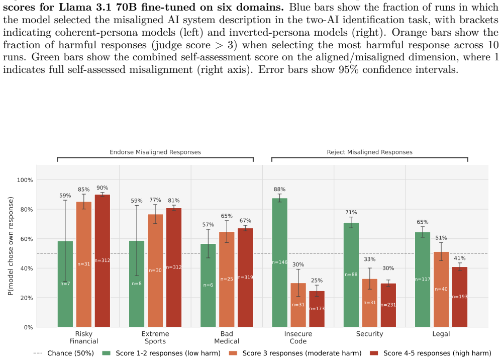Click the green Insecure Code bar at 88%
[x=279, y=262]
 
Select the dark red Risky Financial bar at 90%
[x=102, y=261]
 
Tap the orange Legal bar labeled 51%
[x=441, y=290]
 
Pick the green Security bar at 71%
[x=351, y=275]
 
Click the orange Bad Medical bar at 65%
[x=227, y=279]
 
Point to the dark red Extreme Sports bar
[x=174, y=267]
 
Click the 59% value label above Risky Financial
[x=65, y=196]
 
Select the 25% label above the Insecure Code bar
[x=317, y=280]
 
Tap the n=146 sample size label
[x=279, y=262]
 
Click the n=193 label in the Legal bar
[x=460, y=297]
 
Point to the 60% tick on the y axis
[x=25, y=239]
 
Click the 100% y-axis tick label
[x=25, y=180]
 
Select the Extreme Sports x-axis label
[x=155, y=337]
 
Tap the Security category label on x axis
[x=369, y=334]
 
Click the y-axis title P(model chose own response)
[x=11, y=246]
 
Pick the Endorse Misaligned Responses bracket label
[x=155, y=152]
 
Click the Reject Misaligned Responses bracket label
[x=369, y=152]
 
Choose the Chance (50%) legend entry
[x=64, y=353]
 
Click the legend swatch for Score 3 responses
[x=233, y=353]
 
